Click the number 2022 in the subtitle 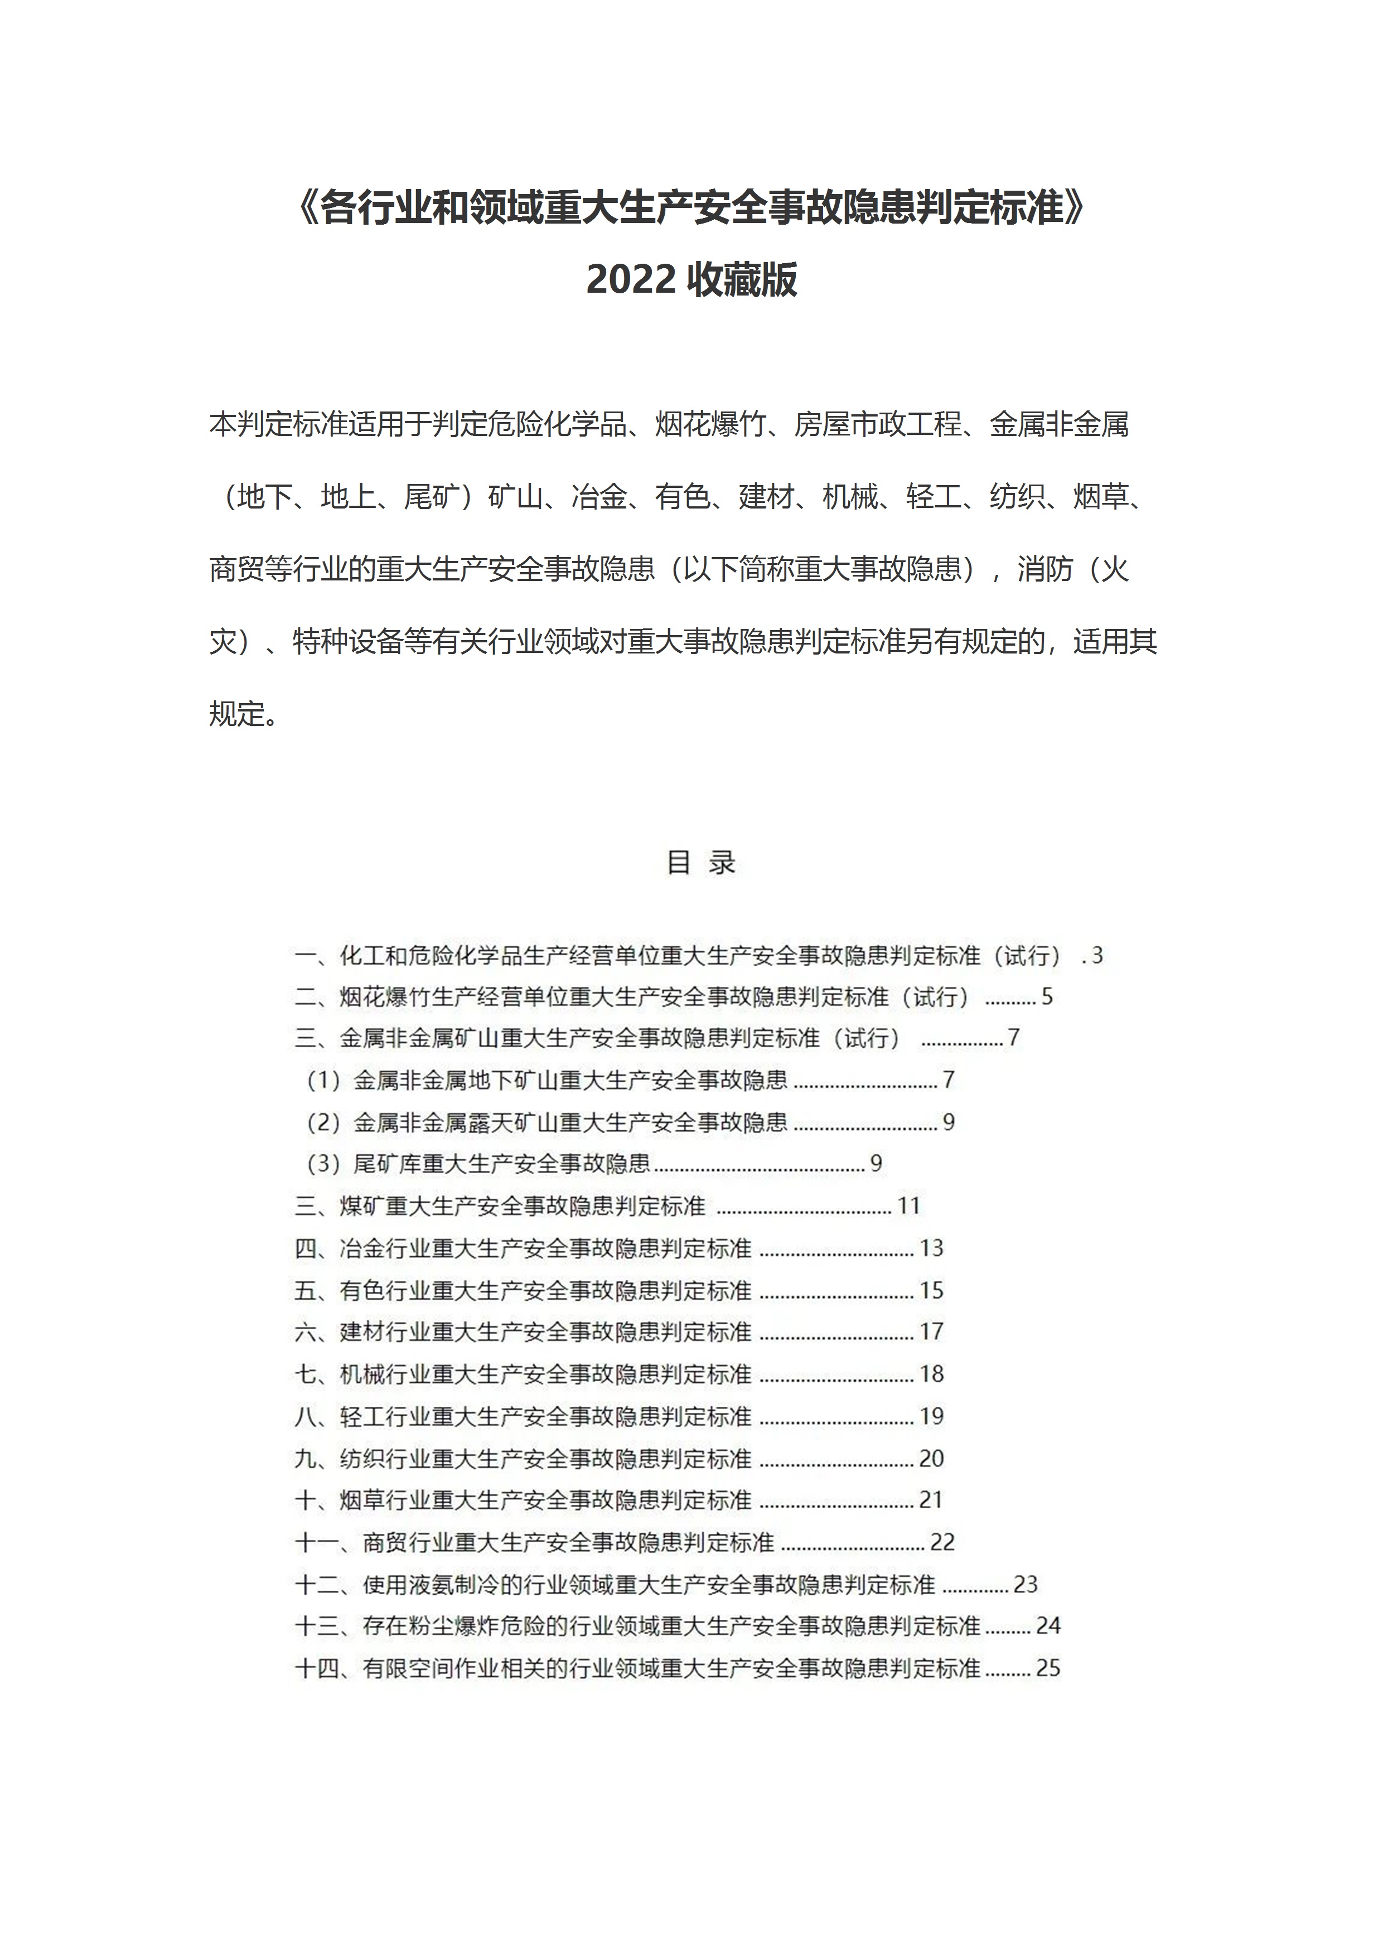coord(631,279)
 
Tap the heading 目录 coord(700,862)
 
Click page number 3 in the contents coord(1097,955)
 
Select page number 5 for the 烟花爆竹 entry coord(1047,997)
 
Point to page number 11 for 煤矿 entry coord(908,1205)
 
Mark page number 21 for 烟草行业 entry coord(931,1499)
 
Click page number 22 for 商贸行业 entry coord(942,1542)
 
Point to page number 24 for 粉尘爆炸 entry coord(1048,1625)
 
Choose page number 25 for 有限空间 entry coord(1048,1668)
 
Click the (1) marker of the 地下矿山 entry coord(324,1080)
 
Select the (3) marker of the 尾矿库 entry coord(324,1164)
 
